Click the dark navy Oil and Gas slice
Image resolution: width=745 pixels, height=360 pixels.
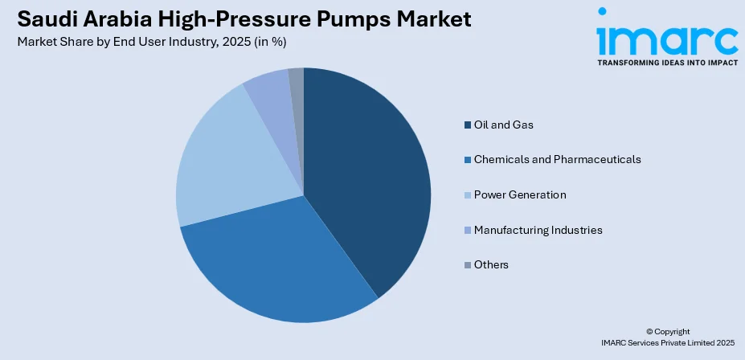[370, 177]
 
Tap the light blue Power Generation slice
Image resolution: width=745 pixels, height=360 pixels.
[221, 161]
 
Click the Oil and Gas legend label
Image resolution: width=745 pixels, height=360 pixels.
[503, 125]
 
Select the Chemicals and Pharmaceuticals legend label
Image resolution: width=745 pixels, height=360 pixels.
[557, 159]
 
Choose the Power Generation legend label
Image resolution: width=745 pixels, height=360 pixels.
[519, 194]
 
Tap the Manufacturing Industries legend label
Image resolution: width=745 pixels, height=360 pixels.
[538, 230]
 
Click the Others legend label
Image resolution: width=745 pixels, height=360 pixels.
[491, 264]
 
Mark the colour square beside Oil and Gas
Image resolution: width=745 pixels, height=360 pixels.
[467, 125]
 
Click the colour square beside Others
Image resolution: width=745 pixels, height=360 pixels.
[467, 264]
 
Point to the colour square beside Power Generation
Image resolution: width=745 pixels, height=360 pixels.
[467, 194]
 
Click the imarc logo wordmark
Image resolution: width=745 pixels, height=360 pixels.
[666, 35]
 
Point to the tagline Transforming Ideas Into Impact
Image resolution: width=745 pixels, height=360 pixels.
[666, 62]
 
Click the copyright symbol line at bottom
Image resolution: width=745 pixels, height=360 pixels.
[667, 331]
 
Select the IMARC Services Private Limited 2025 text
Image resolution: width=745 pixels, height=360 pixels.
[667, 342]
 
